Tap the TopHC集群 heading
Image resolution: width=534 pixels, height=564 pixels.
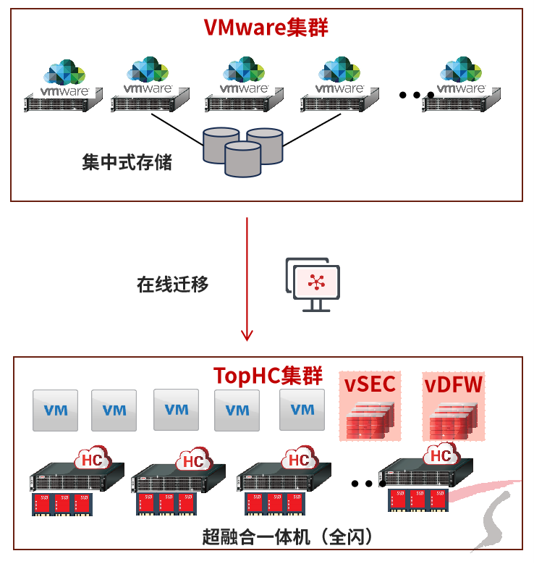[x=267, y=376]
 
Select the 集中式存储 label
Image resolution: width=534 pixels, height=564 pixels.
[x=127, y=162]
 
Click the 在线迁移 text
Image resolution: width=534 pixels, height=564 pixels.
[x=172, y=285]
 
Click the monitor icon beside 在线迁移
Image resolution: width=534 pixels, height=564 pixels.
[x=313, y=283]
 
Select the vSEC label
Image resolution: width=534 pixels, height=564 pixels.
[x=370, y=384]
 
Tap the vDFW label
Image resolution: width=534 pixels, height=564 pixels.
[x=453, y=384]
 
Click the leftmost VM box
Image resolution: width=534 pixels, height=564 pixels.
[x=56, y=411]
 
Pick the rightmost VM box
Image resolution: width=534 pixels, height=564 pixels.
[x=302, y=410]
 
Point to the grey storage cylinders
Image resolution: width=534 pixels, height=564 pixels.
[x=242, y=151]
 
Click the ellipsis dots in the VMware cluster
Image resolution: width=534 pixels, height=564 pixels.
[x=416, y=94]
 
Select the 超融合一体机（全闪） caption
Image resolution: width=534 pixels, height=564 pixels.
[x=287, y=537]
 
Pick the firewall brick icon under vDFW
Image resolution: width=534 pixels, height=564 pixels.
[x=452, y=422]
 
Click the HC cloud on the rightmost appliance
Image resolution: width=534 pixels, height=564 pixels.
[x=441, y=455]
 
